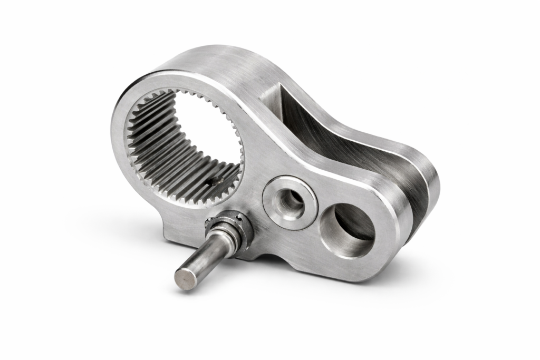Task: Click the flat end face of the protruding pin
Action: coord(185,278)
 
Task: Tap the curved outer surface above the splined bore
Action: coord(211,63)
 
